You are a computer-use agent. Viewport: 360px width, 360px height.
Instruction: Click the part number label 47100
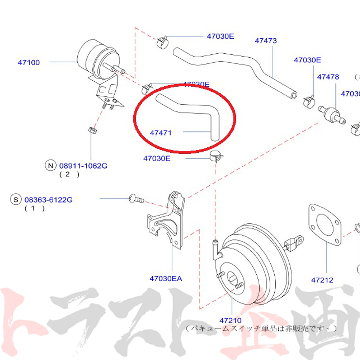coord(29,62)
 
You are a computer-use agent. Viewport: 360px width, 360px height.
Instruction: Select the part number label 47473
coord(266,41)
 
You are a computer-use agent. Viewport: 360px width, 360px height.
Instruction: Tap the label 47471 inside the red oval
coord(161,133)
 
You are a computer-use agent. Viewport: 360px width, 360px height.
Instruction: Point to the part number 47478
coord(328,77)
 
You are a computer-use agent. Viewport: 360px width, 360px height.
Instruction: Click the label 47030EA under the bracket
coord(166,278)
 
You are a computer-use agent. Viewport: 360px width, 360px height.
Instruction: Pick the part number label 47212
coord(322,280)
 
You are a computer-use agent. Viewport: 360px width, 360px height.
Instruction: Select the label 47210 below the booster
coord(231,320)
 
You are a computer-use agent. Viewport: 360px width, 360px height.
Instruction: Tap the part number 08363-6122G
coord(48,199)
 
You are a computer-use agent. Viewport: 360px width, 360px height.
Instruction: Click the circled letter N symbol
coord(50,166)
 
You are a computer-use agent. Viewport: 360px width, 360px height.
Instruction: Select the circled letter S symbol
coord(15,199)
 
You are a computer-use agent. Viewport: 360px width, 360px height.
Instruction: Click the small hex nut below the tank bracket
coord(91,129)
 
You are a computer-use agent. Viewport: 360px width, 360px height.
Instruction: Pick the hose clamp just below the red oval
coord(216,156)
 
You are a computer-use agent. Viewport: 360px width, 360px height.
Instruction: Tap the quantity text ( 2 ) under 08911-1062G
coord(69,175)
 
